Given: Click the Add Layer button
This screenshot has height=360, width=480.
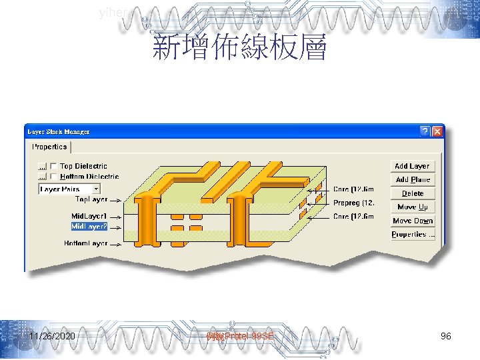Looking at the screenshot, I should pyautogui.click(x=412, y=166).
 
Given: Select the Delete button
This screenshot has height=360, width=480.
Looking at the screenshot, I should pyautogui.click(x=412, y=193).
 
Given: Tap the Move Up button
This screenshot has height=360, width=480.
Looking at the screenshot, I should pyautogui.click(x=412, y=207).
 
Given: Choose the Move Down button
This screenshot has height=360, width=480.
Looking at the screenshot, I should pyautogui.click(x=412, y=221).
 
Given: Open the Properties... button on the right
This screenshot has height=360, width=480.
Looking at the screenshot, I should pyautogui.click(x=412, y=235).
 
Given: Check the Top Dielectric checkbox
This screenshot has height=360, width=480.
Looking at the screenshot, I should pyautogui.click(x=53, y=166).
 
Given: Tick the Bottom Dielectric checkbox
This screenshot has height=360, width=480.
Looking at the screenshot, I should pyautogui.click(x=53, y=177).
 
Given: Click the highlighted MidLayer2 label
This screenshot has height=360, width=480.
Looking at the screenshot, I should pyautogui.click(x=89, y=227).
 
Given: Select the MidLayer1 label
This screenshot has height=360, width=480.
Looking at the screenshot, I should pyautogui.click(x=89, y=217).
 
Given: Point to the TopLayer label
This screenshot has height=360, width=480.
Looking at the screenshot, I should pyautogui.click(x=91, y=199).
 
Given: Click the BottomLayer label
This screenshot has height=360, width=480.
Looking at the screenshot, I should pyautogui.click(x=86, y=243).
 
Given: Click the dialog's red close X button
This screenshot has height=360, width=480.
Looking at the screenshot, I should pyautogui.click(x=437, y=131).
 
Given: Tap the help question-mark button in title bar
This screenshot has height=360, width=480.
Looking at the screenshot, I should pyautogui.click(x=425, y=131).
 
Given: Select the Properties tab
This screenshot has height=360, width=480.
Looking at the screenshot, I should pyautogui.click(x=49, y=147).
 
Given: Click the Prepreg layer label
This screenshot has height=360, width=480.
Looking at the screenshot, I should pyautogui.click(x=353, y=203).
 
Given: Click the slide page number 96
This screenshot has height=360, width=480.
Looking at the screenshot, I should pyautogui.click(x=446, y=337).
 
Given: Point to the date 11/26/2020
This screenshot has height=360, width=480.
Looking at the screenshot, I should pyautogui.click(x=52, y=337).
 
